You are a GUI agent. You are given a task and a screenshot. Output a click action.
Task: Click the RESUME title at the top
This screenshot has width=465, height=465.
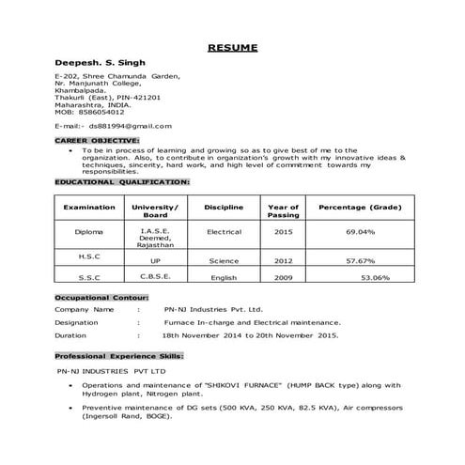pos(232,47)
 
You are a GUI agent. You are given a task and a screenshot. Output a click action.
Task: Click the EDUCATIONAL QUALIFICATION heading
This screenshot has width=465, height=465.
pos(122,179)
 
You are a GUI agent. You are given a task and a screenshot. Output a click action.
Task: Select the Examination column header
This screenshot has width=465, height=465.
pos(89,207)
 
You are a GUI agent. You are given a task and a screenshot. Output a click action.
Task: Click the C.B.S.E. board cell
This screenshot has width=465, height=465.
pos(155,277)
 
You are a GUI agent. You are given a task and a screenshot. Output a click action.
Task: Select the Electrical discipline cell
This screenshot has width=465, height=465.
pos(224,230)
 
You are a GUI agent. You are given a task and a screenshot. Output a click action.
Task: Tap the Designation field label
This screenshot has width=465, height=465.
pos(77,321)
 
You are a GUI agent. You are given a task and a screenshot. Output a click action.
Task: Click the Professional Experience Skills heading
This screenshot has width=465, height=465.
pos(118,357)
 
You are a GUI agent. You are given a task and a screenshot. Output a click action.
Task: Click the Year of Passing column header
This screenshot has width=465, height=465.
pos(284,210)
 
